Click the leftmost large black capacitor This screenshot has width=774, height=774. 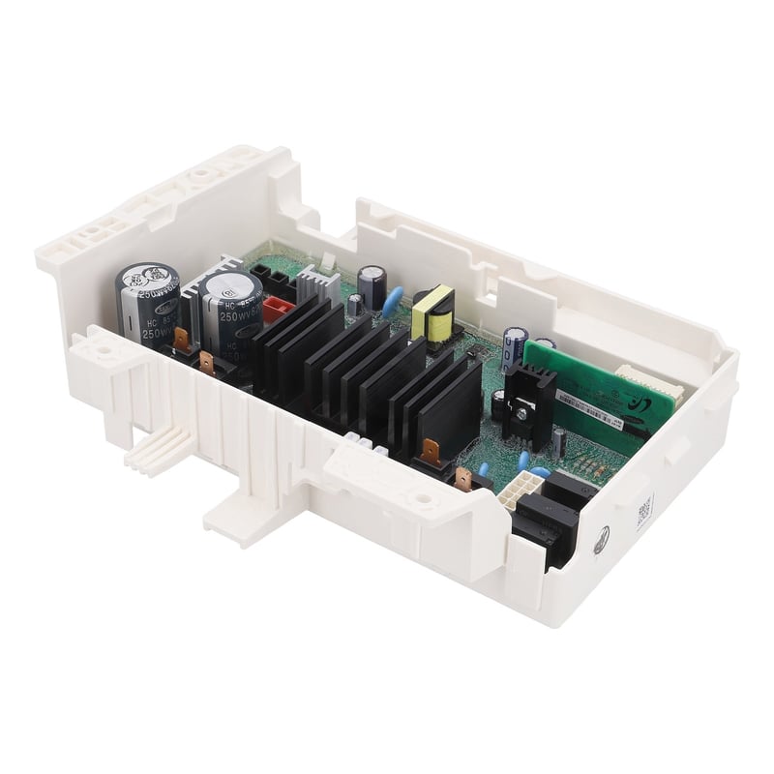[x=147, y=303]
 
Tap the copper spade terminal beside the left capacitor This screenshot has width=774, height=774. [x=204, y=365]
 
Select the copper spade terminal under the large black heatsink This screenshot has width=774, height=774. [x=429, y=451]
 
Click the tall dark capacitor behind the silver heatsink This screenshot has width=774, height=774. [x=369, y=285]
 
